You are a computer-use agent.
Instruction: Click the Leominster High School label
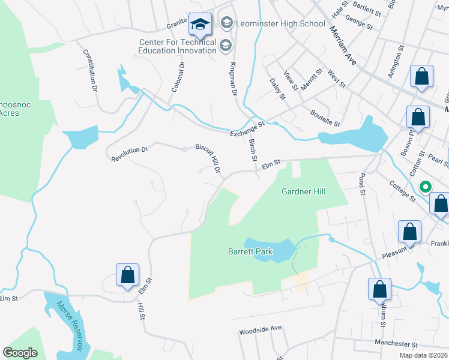tap(281, 24)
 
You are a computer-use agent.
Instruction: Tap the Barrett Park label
tap(250, 251)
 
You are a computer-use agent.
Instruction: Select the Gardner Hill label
tap(304, 192)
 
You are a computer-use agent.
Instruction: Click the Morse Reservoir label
tap(68, 325)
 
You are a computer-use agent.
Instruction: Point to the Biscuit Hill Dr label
tap(208, 158)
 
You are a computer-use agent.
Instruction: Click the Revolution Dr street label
tap(129, 154)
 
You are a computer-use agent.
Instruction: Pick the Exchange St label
tap(247, 129)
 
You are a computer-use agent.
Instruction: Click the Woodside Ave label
tap(260, 330)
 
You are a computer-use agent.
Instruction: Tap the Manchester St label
tap(396, 344)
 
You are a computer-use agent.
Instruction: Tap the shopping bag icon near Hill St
tap(127, 275)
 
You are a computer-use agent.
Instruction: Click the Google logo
tap(20, 353)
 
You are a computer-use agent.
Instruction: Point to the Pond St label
tap(362, 185)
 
